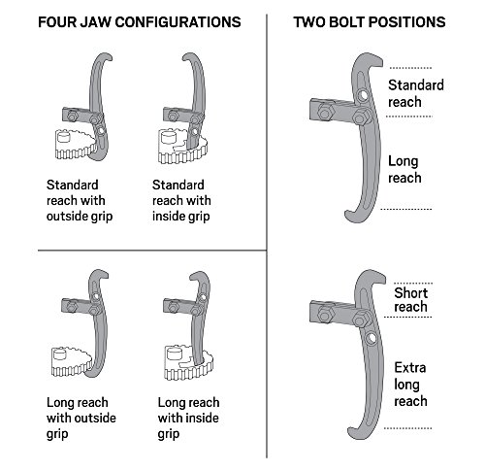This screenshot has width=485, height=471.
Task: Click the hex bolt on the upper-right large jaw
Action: (361, 120)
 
